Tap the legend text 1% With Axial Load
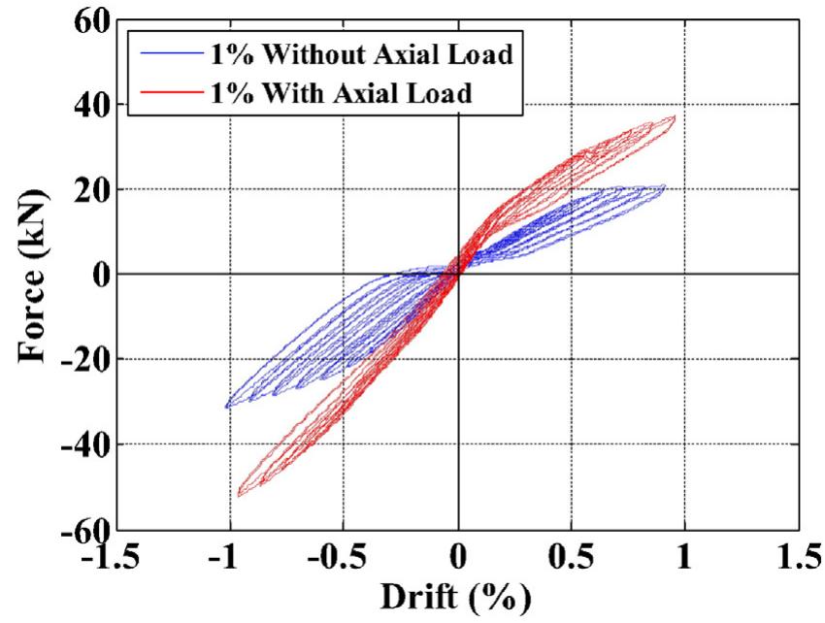[360, 94]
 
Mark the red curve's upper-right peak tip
[675, 116]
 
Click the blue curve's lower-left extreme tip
[225, 407]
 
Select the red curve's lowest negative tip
[239, 496]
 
